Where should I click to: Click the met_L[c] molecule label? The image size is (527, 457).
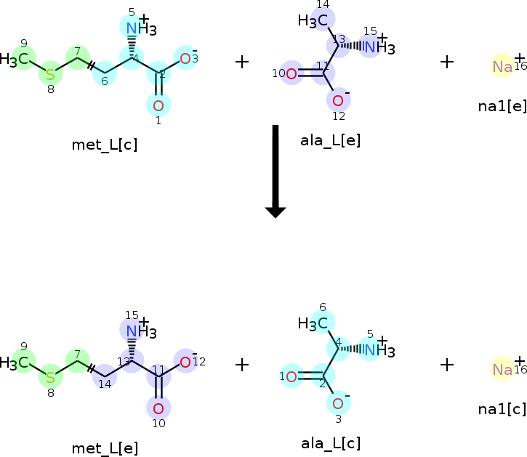105,144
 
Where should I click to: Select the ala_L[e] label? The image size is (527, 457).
330,139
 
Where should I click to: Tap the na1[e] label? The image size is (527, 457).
502,106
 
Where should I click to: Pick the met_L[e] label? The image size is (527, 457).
105,448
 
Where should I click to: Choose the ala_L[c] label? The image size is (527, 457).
331,442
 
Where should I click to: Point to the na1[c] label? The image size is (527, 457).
502,409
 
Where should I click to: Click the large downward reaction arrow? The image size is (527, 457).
275,171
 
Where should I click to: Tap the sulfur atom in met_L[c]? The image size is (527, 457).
50,73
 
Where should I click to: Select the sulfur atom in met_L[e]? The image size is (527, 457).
50,377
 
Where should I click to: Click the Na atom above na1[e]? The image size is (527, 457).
502,67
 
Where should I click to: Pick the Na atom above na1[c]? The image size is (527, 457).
502,370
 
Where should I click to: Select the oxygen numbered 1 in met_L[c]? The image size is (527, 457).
158,105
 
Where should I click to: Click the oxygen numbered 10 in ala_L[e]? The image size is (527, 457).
291,73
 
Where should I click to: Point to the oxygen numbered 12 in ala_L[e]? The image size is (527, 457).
338,100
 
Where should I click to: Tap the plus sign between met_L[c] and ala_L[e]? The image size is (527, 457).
242,62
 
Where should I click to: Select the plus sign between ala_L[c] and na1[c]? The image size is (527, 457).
447,365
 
